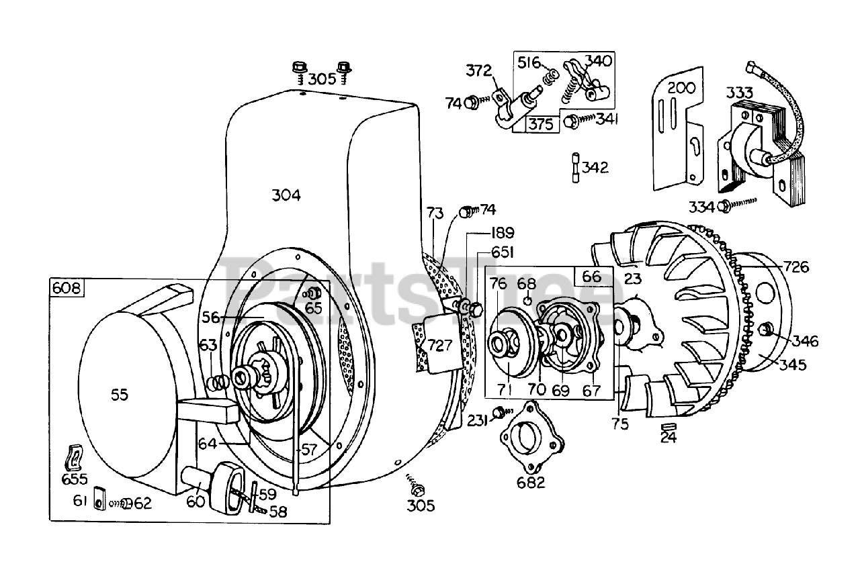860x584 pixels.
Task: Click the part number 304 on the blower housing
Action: coord(286,195)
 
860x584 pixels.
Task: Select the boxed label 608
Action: coord(67,289)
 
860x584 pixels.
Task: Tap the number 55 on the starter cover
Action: coord(119,395)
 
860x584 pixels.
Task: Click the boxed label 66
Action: coord(592,276)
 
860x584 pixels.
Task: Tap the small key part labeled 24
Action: coord(668,428)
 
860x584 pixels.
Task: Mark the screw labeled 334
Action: coord(725,206)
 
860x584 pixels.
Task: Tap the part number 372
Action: coord(479,71)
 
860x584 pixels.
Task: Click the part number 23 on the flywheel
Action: coord(634,278)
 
